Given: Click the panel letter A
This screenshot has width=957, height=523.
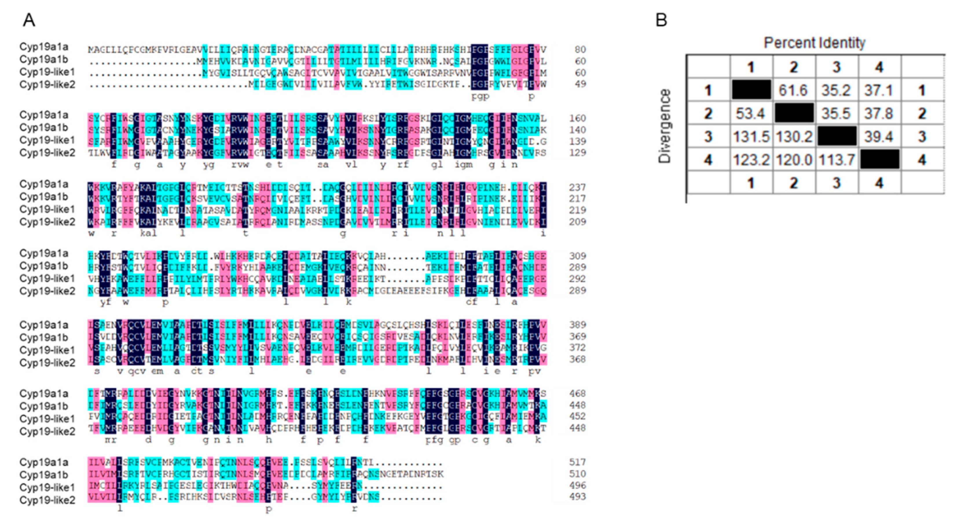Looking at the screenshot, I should pos(29,20).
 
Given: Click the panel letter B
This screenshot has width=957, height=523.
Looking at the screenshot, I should pos(661,20).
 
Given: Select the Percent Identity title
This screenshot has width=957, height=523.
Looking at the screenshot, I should pos(814,43).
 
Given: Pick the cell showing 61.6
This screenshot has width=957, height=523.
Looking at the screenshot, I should pos(793,90).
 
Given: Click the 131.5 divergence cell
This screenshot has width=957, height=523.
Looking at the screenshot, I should pos(751,137).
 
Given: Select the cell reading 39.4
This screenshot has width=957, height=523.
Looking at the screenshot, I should pos(879,137).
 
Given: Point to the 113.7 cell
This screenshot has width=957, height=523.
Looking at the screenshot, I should pos(836,160).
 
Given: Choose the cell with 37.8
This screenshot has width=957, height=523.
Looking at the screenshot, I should pos(879,113).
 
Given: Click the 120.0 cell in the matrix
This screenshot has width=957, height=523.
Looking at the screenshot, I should pos(793,160).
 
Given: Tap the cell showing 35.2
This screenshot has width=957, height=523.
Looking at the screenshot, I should pos(836,90).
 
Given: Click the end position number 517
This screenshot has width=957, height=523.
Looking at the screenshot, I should pos(577,463).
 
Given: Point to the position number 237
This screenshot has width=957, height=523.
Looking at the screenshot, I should pos(577,187).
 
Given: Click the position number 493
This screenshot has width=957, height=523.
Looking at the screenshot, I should pos(577,497).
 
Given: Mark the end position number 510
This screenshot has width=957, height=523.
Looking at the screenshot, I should pos(577,474).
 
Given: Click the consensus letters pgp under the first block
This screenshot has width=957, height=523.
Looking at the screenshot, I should pos(480,97).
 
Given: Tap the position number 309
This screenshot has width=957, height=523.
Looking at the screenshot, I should pos(577,256).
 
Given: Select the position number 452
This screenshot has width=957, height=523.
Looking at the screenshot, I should pos(577,416).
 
